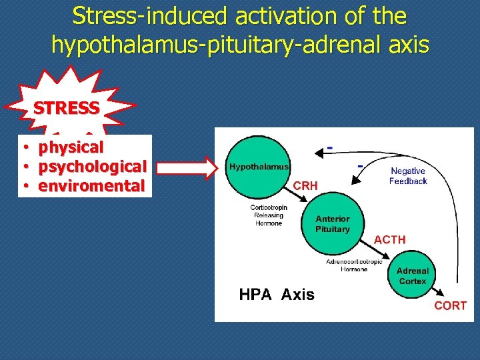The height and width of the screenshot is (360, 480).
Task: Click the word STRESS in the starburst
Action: click(x=67, y=107)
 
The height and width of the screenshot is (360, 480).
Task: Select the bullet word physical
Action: click(x=71, y=147)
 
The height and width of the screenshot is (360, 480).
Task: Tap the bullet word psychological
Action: click(x=92, y=166)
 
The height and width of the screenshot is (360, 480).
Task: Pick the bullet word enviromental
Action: click(x=91, y=185)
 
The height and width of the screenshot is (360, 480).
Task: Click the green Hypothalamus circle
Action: click(x=259, y=167)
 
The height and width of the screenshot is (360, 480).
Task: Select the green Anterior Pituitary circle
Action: click(x=332, y=224)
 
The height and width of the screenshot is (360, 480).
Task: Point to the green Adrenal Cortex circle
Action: click(x=412, y=275)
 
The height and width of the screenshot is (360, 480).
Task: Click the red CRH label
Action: click(x=305, y=186)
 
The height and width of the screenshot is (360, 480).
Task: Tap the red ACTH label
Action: click(x=390, y=239)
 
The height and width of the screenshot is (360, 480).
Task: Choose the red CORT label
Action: click(x=450, y=306)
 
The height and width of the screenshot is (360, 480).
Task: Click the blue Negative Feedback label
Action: click(x=408, y=176)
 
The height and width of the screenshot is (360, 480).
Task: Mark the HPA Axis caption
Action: click(x=277, y=295)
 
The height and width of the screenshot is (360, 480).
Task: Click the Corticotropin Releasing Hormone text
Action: click(x=269, y=215)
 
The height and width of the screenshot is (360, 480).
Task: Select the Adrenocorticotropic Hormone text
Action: click(x=355, y=265)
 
